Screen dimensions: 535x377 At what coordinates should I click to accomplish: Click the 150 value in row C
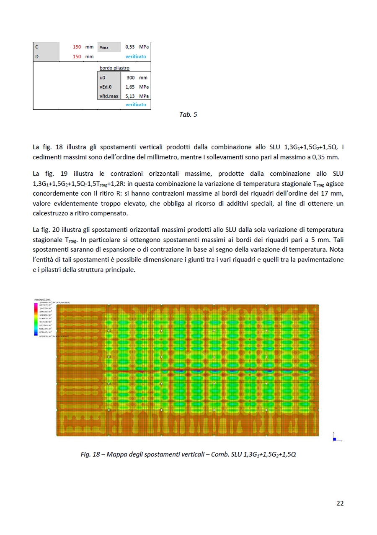tap(77, 47)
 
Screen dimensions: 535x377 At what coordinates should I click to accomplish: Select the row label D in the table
tap(37, 56)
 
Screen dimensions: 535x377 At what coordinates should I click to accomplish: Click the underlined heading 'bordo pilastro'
tap(114, 68)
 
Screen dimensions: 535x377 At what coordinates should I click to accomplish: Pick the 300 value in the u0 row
tap(130, 78)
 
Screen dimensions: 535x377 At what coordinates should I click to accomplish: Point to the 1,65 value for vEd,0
tap(130, 87)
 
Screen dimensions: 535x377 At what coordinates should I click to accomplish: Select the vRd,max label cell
tap(109, 96)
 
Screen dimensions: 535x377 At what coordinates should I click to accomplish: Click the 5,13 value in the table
tap(130, 96)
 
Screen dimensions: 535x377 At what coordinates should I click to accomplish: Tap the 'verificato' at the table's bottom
tap(136, 105)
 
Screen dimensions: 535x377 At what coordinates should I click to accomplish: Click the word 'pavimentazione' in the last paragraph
tap(323, 259)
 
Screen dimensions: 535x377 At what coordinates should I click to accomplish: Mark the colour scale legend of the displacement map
tap(36, 319)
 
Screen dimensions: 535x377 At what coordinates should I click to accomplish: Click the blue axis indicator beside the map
tap(334, 438)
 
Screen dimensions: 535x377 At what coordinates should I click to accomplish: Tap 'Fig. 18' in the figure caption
tap(90, 454)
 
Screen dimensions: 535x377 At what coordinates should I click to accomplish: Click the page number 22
tap(340, 503)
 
